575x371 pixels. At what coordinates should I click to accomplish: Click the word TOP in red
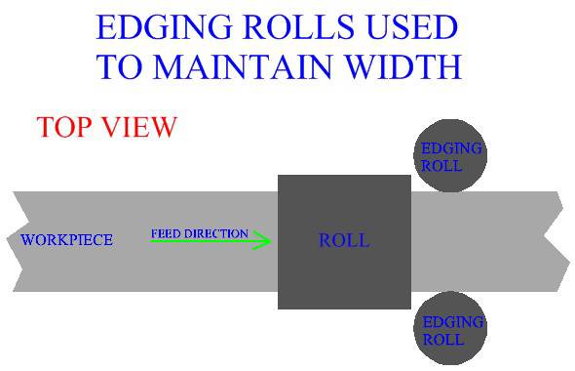pyautogui.click(x=65, y=127)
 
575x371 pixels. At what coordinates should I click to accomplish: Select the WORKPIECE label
pyautogui.click(x=66, y=240)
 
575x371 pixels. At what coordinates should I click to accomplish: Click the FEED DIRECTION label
pyautogui.click(x=199, y=234)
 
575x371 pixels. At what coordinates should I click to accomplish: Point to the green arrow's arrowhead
pyautogui.click(x=263, y=241)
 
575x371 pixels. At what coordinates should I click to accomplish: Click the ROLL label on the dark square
pyautogui.click(x=344, y=240)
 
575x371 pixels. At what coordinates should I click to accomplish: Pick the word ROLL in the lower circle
pyautogui.click(x=436, y=340)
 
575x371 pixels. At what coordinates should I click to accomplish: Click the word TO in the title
pyautogui.click(x=118, y=65)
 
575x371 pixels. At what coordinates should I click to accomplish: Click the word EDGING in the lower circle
pyautogui.click(x=450, y=323)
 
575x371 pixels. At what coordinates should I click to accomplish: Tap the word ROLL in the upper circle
pyautogui.click(x=436, y=166)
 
